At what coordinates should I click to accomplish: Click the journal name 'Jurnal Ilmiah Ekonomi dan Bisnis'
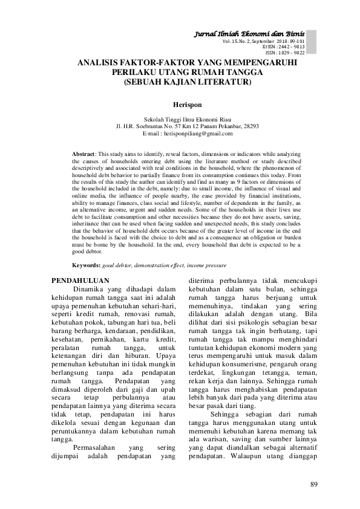pos(256,33)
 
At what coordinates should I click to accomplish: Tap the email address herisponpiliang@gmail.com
pos(204,134)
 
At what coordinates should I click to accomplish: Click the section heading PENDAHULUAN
pos(79,280)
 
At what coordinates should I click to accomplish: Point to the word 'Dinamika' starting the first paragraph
pos(91,290)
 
